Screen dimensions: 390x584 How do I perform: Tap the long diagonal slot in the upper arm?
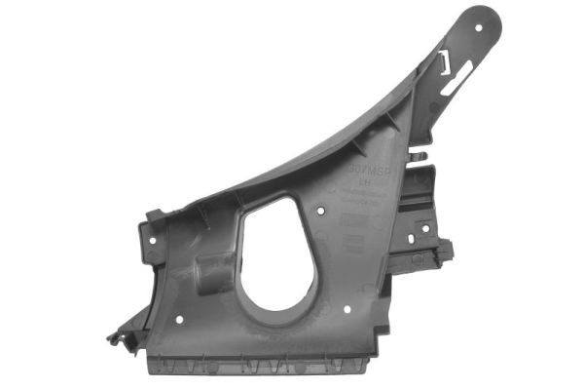tap(462, 78)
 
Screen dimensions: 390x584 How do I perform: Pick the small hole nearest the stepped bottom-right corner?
tap(347, 310)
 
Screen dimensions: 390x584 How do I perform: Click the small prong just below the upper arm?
tap(417, 154)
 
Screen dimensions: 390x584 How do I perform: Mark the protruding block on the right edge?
tap(444, 252)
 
